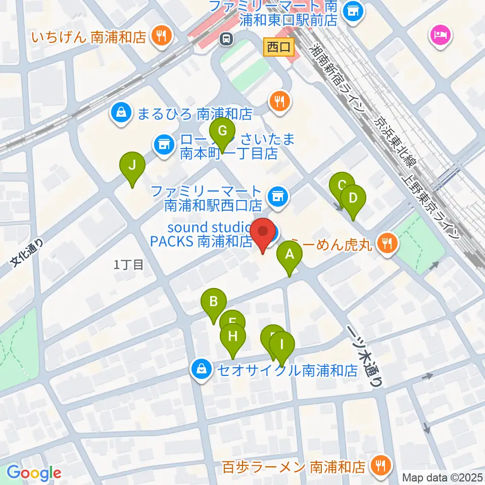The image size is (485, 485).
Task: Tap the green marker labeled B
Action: [213, 303]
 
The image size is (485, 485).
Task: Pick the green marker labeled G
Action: [222, 132]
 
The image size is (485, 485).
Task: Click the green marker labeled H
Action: [233, 336]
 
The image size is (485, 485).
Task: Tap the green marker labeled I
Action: [282, 346]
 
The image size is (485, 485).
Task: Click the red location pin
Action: [263, 233]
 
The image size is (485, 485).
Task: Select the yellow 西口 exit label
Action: [279, 48]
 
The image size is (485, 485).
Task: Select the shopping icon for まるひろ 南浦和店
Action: [121, 112]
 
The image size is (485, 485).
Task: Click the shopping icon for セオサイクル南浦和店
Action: [202, 369]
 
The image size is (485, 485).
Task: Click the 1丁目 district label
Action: [128, 264]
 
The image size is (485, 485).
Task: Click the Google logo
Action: [34, 473]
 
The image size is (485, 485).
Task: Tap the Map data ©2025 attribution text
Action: [442, 477]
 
